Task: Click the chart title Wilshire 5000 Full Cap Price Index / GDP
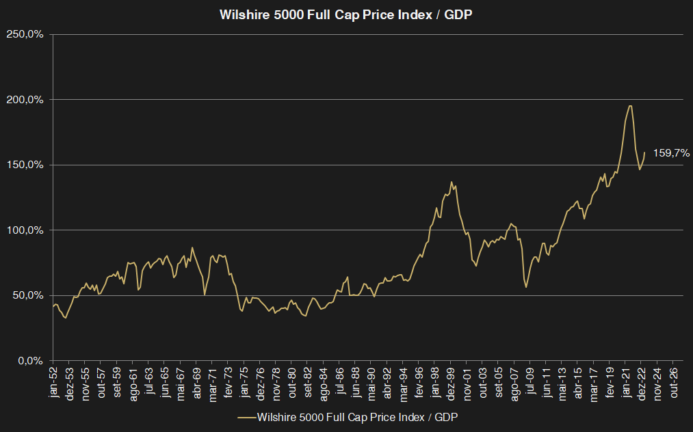[x=345, y=14]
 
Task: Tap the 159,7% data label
[x=671, y=153]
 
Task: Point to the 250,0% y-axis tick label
[x=25, y=34]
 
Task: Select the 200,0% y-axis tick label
[x=25, y=100]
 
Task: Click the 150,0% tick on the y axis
[x=25, y=165]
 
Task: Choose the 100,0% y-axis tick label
[x=25, y=230]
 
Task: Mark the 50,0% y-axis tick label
[x=27, y=295]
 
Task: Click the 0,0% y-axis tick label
[x=29, y=360]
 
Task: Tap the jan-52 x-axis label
[x=54, y=383]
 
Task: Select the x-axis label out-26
[x=674, y=383]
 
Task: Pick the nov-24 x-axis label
[x=658, y=383]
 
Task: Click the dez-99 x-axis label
[x=452, y=383]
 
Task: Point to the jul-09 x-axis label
[x=531, y=383]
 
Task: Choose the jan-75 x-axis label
[x=245, y=383]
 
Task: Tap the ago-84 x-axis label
[x=324, y=383]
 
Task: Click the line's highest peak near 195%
[x=629, y=106]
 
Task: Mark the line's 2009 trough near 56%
[x=526, y=286]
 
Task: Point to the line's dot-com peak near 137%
[x=452, y=182]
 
